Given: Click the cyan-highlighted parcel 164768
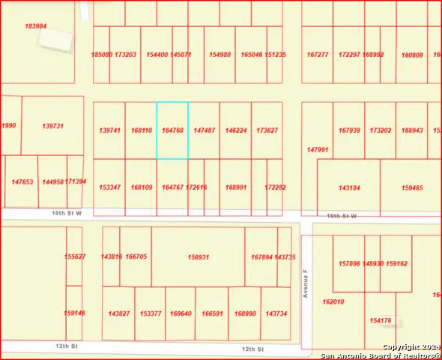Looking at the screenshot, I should [172, 130].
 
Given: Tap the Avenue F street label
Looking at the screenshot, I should [306, 284].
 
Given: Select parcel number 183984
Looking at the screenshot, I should [35, 26].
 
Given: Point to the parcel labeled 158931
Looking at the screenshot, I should [198, 257].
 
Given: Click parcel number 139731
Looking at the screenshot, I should [52, 127].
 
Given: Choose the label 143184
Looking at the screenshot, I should [349, 187].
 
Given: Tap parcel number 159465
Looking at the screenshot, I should [412, 187].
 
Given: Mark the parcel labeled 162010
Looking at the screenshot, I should [333, 301].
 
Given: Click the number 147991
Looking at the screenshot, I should [318, 149].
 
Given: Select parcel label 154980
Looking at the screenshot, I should [220, 55].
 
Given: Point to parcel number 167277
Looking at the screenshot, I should [318, 55].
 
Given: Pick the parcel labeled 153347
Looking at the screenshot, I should [109, 187].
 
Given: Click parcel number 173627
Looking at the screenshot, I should [267, 130].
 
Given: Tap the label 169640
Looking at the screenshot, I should [181, 313].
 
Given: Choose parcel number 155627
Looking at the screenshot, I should [74, 257].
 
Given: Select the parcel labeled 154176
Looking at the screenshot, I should [381, 320].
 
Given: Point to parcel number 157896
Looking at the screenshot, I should [349, 263].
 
